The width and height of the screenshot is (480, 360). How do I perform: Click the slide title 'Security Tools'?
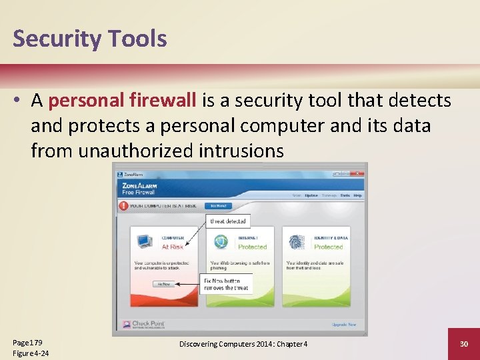point(89,39)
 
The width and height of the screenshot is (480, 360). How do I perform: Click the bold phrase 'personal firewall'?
point(122,101)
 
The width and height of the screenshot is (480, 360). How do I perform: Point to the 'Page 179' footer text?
point(27,342)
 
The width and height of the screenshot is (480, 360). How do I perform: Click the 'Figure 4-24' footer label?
point(31,353)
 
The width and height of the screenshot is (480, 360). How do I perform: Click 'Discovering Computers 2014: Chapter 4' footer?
point(243,344)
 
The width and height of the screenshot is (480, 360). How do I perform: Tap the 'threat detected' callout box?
point(228,221)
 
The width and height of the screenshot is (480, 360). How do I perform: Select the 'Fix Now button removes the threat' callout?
point(227,283)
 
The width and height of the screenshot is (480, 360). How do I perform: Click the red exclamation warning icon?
point(123,206)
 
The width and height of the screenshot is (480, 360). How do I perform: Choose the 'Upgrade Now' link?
point(344,325)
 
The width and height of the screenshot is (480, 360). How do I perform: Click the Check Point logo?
point(144,325)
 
